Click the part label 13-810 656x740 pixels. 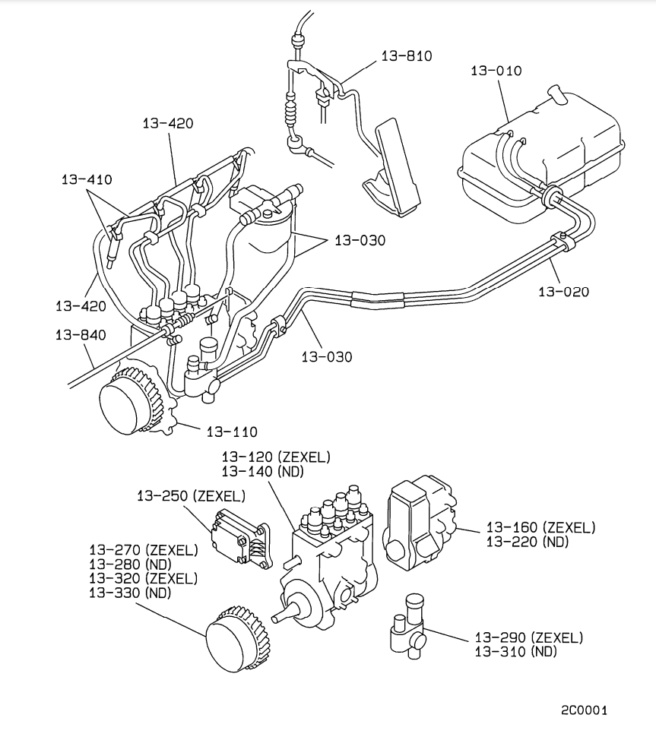click(406, 55)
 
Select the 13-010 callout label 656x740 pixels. click(496, 71)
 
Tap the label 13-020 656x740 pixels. click(563, 291)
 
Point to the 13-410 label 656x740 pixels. click(87, 180)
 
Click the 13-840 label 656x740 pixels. click(81, 334)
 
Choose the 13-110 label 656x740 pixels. click(232, 432)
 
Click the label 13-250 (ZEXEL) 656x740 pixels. click(191, 496)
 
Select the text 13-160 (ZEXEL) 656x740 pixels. click(540, 527)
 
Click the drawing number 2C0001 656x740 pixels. click(584, 710)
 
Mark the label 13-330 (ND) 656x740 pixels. click(130, 593)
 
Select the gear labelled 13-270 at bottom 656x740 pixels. click(235, 639)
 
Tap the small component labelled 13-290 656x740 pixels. click(409, 628)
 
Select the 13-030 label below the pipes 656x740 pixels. click(327, 356)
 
